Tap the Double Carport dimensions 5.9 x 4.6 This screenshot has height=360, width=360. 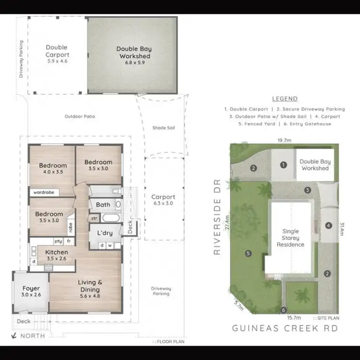coord(57,61)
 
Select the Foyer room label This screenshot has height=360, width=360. coord(31,288)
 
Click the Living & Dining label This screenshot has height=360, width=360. coord(90,286)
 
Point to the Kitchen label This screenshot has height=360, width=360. coord(57,252)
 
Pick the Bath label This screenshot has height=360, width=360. coord(103,205)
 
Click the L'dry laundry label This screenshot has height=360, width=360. coord(105,233)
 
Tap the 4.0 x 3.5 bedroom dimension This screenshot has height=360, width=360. coord(53,171)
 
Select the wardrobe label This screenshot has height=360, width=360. coord(43,192)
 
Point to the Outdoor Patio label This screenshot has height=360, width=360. coord(80,117)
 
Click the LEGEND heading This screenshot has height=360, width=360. coord(285,99)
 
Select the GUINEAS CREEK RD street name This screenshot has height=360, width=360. coord(285,328)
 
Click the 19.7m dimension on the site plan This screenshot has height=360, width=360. coord(285,140)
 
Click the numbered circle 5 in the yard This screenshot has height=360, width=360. coord(248,253)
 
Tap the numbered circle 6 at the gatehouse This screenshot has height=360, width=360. coord(284,310)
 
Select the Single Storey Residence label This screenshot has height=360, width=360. coord(290,238)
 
